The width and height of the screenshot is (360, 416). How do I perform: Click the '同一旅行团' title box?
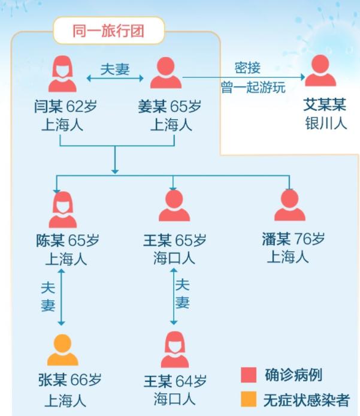pyautogui.click(x=108, y=31)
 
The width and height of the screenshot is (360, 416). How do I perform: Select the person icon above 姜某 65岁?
pyautogui.click(x=165, y=74)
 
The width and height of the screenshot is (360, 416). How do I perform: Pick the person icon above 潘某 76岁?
pyautogui.click(x=289, y=206)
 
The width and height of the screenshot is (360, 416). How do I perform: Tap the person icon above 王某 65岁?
pyautogui.click(x=174, y=207)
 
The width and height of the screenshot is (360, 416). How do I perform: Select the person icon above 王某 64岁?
pyautogui.click(x=174, y=349)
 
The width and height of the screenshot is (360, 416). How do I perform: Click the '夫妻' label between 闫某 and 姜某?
pyautogui.click(x=115, y=69)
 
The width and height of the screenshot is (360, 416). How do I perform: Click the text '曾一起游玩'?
pyautogui.click(x=253, y=88)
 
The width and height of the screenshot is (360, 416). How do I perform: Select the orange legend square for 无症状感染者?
pyautogui.click(x=249, y=400)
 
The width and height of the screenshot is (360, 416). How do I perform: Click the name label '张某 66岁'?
pyautogui.click(x=69, y=380)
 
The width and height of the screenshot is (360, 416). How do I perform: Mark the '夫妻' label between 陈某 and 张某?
pyautogui.click(x=48, y=296)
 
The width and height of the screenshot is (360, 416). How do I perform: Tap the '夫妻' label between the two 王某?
pyautogui.click(x=183, y=294)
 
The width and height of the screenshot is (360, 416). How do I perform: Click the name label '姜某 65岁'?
pyautogui.click(x=170, y=107)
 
